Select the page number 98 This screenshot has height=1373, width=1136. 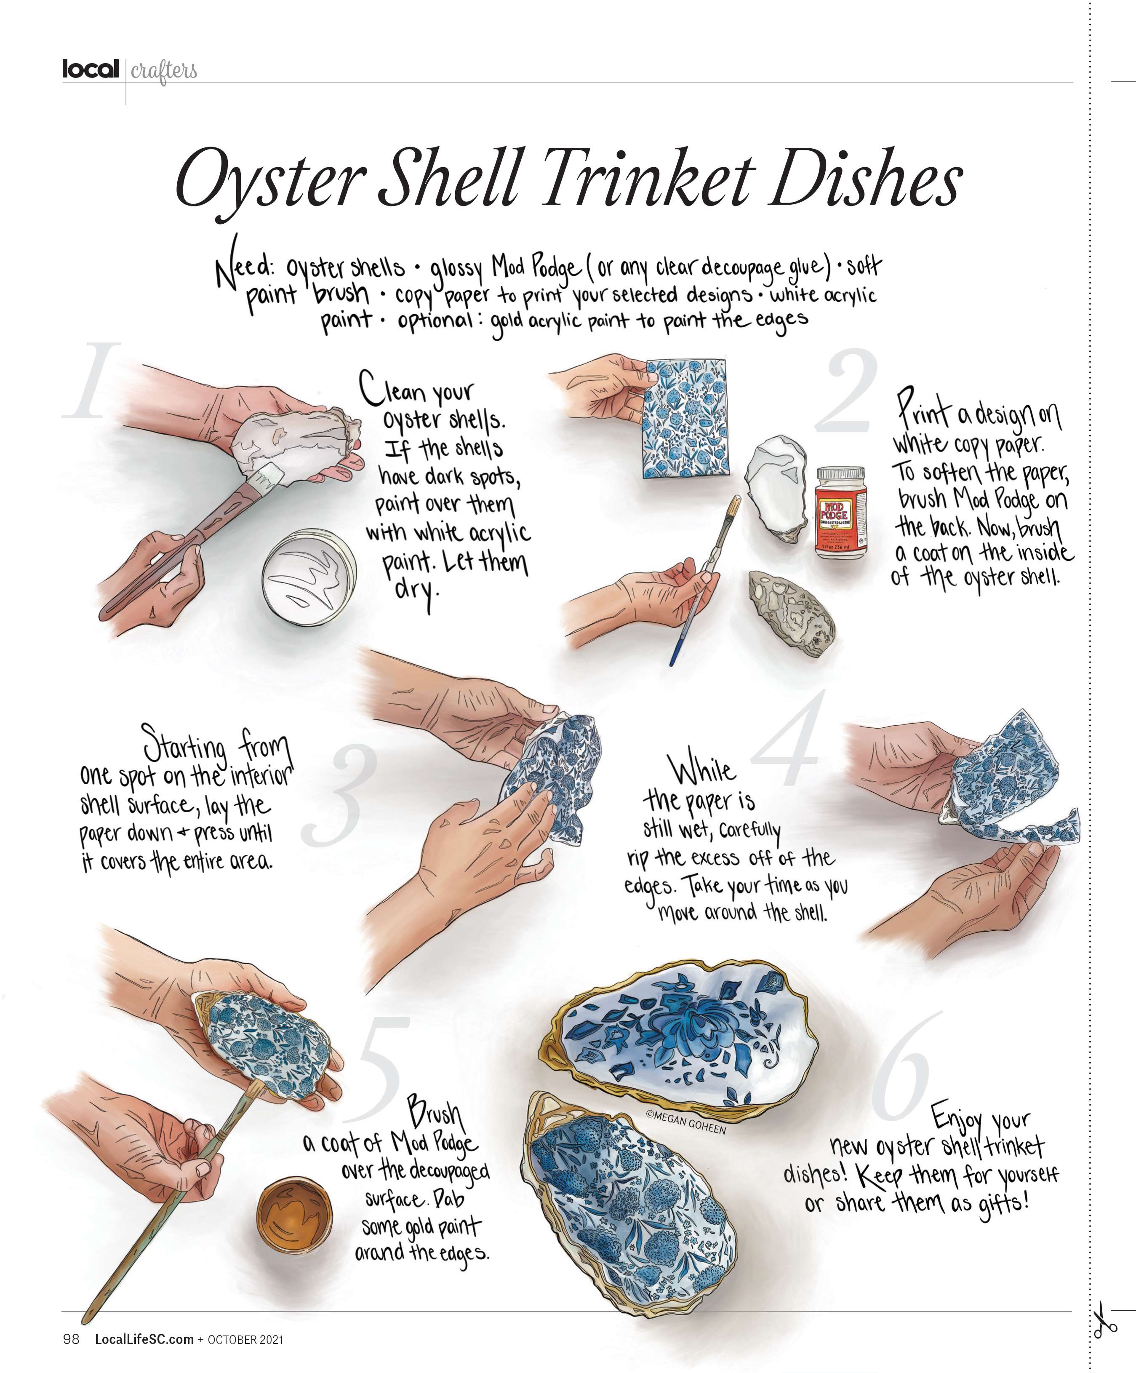click(x=71, y=1339)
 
